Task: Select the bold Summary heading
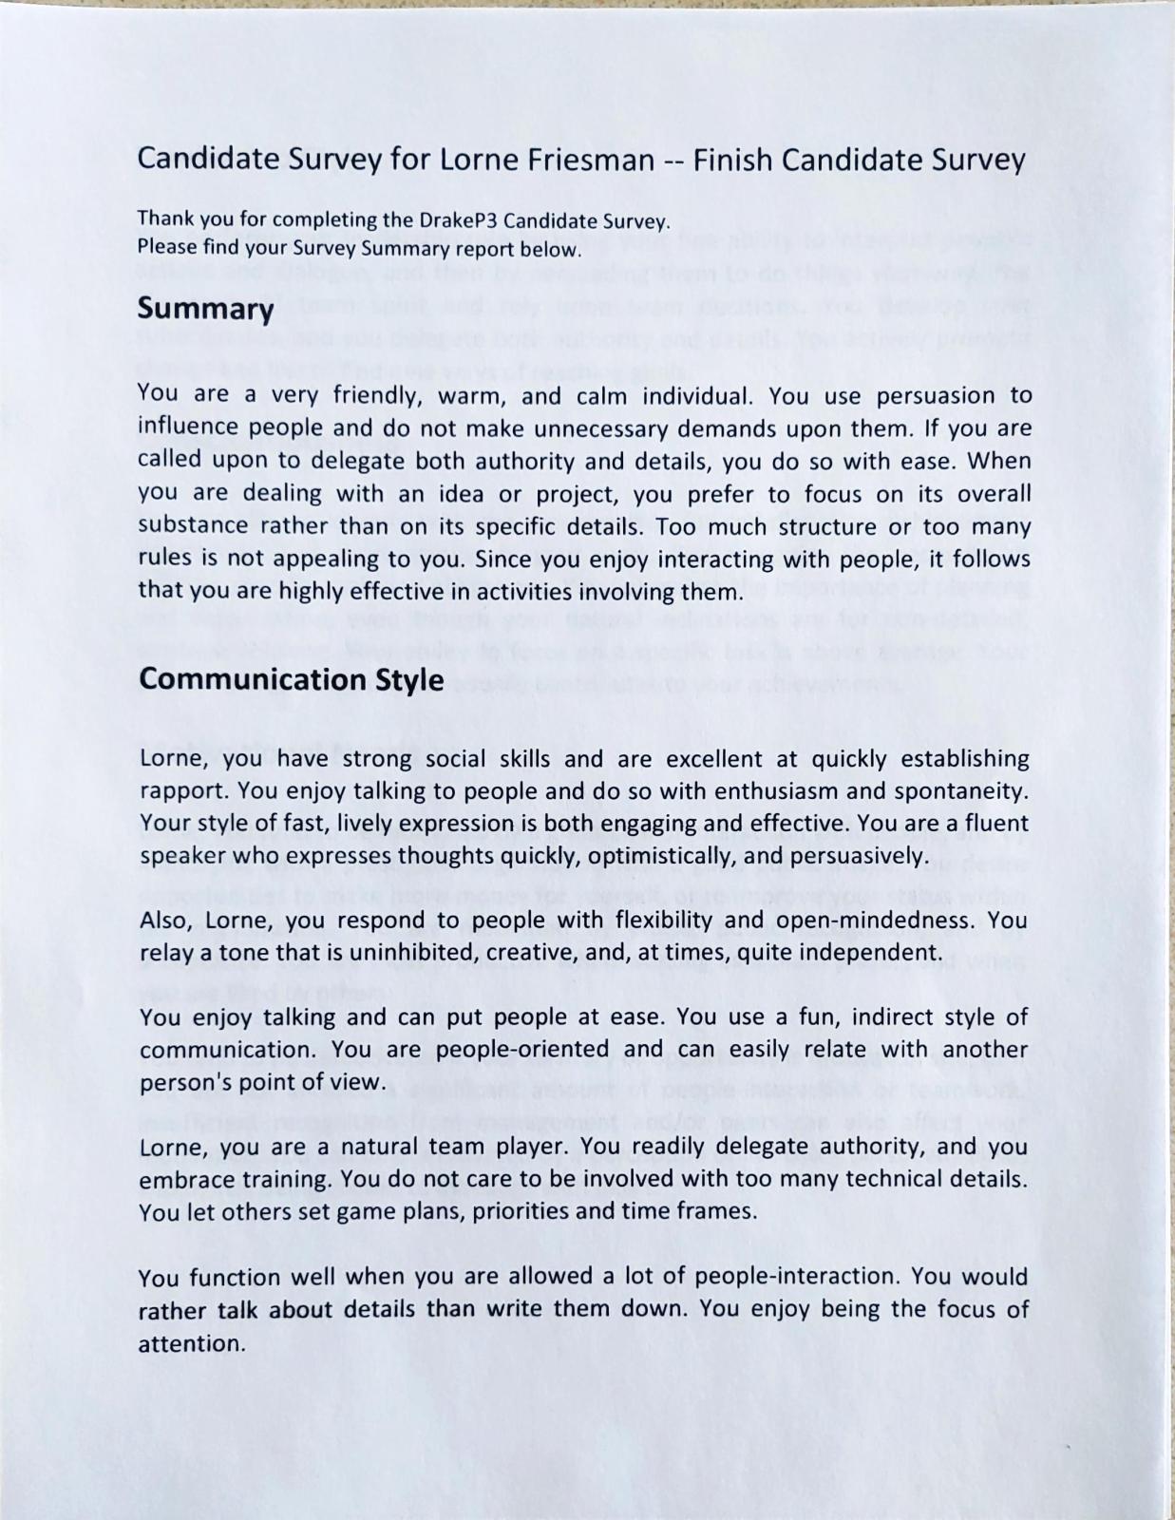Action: (205, 309)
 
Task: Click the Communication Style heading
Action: (291, 680)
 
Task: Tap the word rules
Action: (164, 559)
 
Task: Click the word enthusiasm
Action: (760, 791)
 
